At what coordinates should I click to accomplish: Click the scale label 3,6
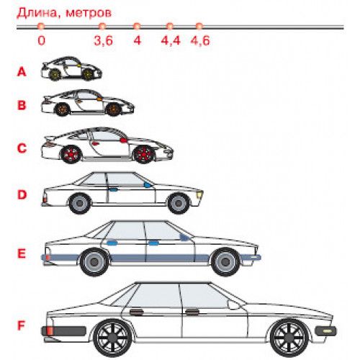[104, 40]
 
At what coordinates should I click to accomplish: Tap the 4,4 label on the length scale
[171, 40]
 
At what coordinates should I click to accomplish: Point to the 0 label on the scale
[41, 40]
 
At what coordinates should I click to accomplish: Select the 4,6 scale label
[200, 40]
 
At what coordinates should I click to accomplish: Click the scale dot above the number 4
[137, 26]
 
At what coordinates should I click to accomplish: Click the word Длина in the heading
[37, 13]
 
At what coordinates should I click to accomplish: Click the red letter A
[22, 72]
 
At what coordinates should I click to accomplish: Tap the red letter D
[22, 194]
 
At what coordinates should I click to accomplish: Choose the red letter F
[22, 325]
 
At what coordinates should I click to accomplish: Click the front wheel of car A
[88, 74]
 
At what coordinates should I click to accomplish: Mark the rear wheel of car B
[63, 109]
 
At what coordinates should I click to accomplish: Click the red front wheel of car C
[143, 154]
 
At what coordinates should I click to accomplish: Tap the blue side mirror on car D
[148, 185]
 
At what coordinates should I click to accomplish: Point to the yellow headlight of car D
[199, 194]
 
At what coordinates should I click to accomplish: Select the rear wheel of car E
[94, 262]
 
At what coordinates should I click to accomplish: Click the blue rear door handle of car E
[112, 243]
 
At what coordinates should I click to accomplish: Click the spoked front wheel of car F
[289, 338]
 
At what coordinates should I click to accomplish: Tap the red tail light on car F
[49, 331]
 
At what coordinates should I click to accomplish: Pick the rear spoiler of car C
[50, 138]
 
